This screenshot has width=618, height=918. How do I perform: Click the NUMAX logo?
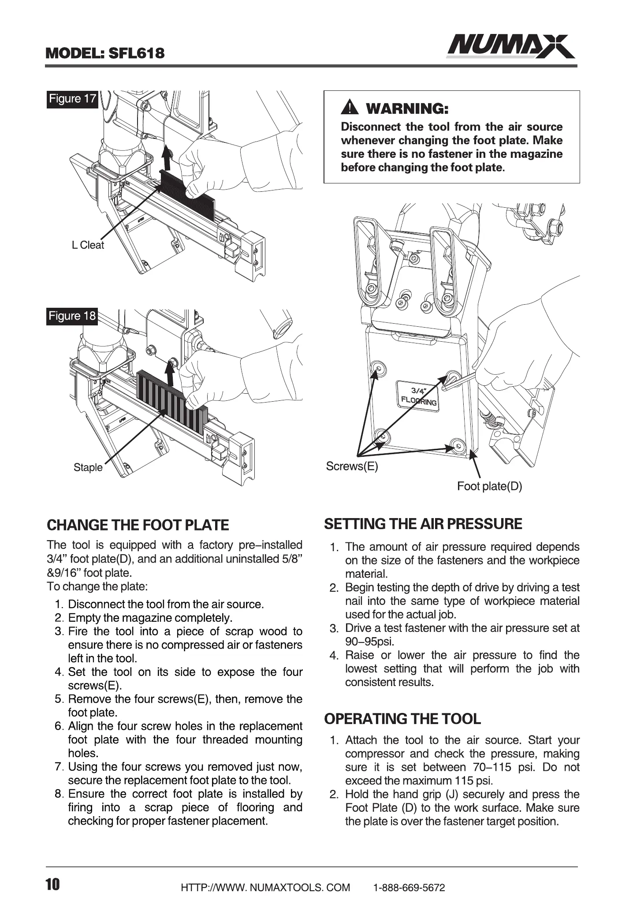coord(510,46)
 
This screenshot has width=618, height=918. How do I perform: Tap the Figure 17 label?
coord(72,99)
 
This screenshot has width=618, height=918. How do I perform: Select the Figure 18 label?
coord(72,316)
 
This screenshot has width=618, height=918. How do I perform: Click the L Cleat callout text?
coord(88,246)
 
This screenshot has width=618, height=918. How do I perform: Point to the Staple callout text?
coord(88,467)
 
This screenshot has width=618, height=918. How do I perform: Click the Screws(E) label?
coord(352,466)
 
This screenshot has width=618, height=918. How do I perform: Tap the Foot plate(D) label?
coord(489,486)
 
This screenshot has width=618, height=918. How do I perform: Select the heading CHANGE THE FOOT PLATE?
coord(138,525)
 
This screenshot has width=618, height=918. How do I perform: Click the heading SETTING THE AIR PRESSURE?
coord(423,524)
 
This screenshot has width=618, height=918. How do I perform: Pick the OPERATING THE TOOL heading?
coord(402,718)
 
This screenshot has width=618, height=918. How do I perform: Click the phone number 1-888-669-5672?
coord(409,888)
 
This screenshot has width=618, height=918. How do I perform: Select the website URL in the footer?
coord(265,888)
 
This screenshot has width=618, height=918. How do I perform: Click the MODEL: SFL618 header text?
coord(105,53)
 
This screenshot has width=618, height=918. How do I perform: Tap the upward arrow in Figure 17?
coord(166,159)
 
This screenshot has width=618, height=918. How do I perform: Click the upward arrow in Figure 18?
coord(171,372)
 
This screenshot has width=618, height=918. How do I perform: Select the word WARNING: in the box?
coord(408,108)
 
